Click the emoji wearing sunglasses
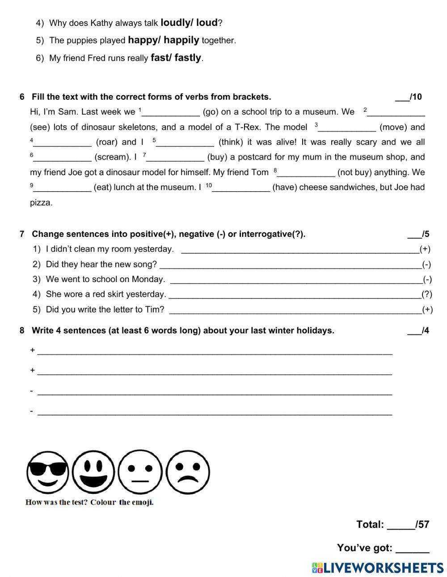48,472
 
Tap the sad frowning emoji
188,472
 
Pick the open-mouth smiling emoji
93,472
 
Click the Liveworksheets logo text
378,568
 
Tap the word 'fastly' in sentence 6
188,58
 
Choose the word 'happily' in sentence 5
181,40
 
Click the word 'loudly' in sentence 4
175,22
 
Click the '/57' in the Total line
422,524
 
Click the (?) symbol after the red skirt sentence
426,294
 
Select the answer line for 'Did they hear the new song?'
291,265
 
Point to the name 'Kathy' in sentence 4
101,23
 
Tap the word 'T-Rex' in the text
248,127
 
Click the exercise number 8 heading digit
22,331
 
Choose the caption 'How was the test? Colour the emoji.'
89,502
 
